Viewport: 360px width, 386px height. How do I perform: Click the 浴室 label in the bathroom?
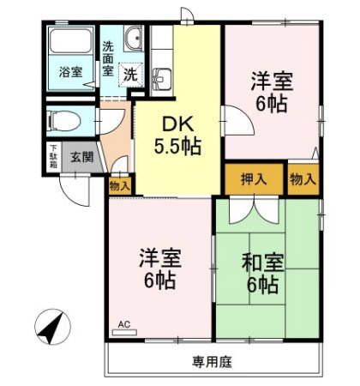71,73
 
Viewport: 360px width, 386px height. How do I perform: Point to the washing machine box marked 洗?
129,74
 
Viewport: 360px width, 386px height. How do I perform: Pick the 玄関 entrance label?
82,158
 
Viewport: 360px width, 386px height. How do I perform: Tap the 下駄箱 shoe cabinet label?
52,159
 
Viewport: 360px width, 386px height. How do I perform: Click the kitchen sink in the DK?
161,79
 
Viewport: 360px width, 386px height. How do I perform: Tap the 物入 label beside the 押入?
303,179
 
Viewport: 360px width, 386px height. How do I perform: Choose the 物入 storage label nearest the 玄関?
120,184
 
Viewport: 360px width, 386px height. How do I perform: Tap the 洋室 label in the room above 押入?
273,83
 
